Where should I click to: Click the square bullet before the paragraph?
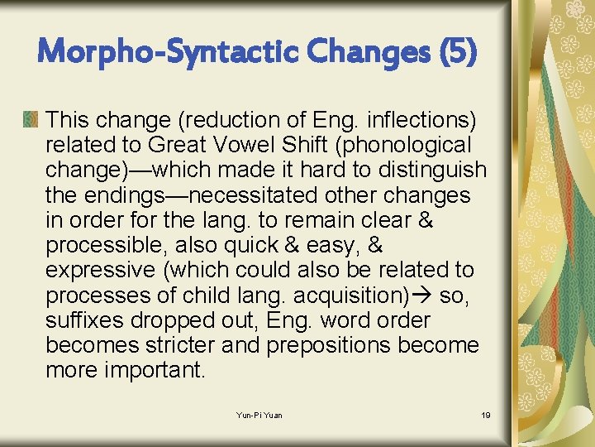[31, 121]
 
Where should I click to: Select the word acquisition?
[364, 295]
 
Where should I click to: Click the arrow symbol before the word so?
[426, 296]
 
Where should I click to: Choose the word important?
[154, 369]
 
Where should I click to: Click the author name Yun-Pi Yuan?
[259, 415]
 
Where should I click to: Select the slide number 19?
[485, 415]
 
